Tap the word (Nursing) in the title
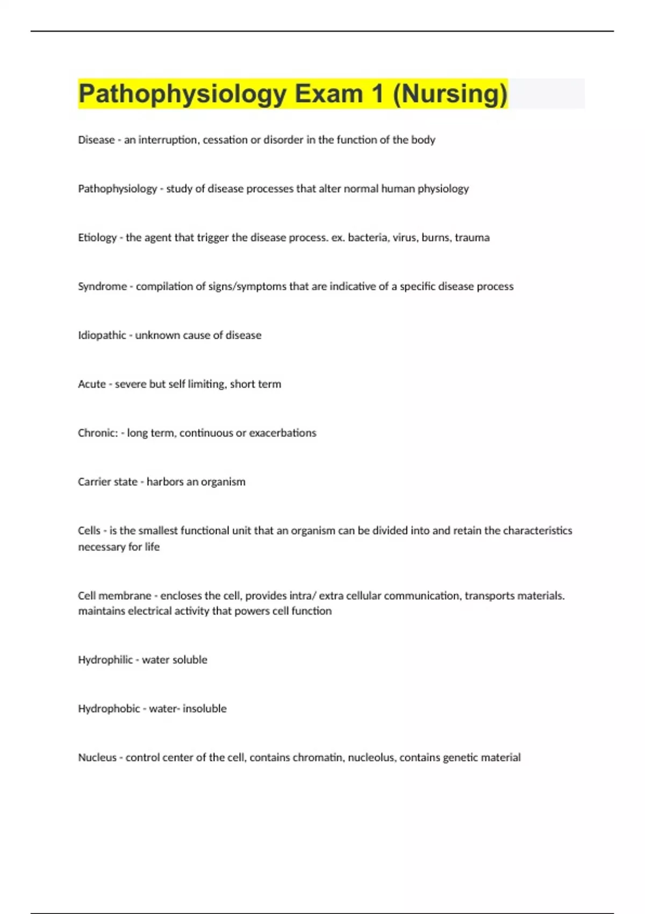point(450,94)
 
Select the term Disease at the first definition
point(96,140)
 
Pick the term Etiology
point(97,238)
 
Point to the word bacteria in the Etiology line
point(367,238)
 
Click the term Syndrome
point(102,287)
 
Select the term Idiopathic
point(102,335)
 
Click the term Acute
point(92,384)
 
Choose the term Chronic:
point(98,433)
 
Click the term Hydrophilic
point(105,660)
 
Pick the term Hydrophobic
point(109,709)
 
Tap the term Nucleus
point(97,758)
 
